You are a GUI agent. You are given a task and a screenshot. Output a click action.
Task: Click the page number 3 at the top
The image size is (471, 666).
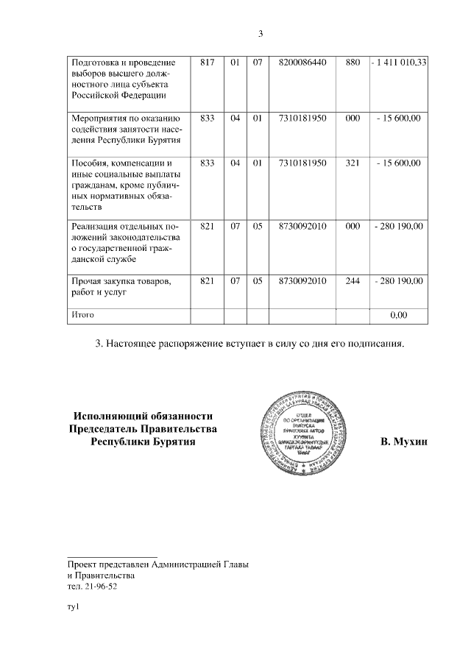261,33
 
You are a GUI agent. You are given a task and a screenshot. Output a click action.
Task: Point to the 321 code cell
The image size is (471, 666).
352,163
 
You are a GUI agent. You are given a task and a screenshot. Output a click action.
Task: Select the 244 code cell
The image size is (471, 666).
352,281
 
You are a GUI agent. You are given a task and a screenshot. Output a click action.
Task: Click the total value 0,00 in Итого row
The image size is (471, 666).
398,315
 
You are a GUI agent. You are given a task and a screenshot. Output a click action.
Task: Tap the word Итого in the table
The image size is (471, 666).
82,315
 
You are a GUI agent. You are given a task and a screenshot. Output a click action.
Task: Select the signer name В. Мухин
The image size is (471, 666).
403,442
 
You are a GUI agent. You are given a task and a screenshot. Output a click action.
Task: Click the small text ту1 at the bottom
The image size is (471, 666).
72,607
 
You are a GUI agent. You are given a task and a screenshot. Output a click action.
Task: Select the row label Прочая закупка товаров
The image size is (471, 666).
121,281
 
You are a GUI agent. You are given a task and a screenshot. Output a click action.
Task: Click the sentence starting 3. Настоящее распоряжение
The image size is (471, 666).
250,344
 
